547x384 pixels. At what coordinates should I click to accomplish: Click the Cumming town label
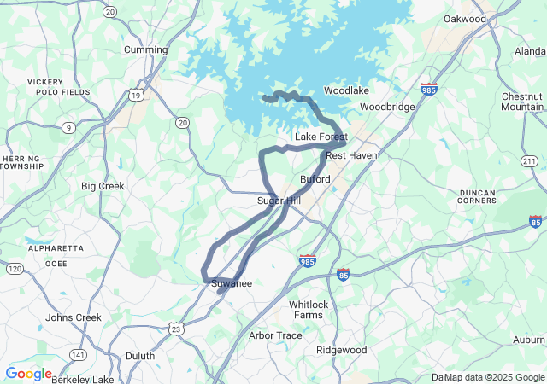[145, 49]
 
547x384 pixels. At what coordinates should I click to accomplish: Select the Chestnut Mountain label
[521, 101]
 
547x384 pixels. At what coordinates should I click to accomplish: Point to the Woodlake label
[346, 90]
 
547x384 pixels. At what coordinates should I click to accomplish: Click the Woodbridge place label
[387, 107]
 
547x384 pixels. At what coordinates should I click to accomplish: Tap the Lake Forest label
[321, 137]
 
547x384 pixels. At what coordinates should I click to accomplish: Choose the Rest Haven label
[351, 155]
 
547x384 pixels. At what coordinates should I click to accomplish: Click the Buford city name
[315, 179]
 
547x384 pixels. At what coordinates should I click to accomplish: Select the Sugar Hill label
[279, 201]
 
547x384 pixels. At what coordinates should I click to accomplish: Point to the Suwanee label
[232, 283]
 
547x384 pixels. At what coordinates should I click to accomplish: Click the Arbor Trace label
[275, 335]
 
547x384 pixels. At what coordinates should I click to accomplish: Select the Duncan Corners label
[484, 199]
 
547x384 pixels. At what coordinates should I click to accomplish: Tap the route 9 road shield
[68, 128]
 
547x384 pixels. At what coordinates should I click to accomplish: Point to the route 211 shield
[530, 161]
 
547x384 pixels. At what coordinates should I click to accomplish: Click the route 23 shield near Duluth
[176, 329]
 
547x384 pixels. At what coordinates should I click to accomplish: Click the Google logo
[27, 374]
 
